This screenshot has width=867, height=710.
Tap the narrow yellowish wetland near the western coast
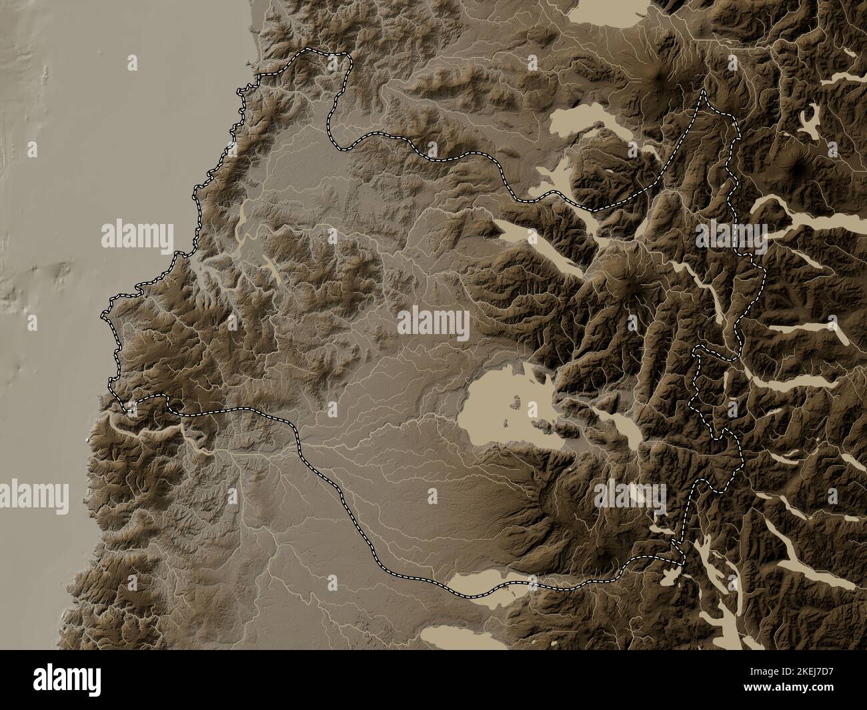point(241,223)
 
